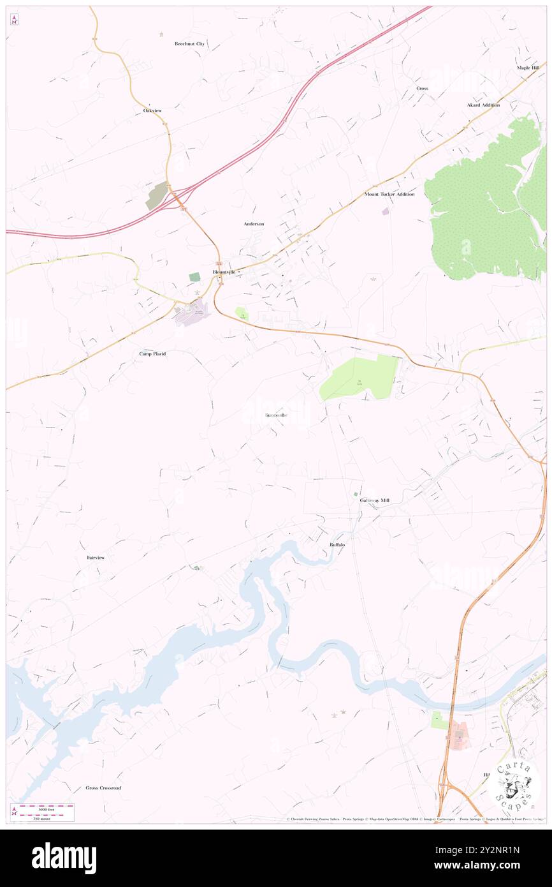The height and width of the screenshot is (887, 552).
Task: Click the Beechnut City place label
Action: click(189, 44)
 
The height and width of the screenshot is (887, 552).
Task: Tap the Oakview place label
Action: click(152, 110)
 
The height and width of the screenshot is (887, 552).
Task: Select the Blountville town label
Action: click(224, 272)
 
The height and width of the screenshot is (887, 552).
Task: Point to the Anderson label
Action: click(254, 224)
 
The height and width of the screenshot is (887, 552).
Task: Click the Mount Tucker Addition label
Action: click(389, 194)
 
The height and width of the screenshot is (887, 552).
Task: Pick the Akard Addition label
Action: click(483, 105)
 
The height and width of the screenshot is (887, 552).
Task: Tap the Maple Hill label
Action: click(528, 68)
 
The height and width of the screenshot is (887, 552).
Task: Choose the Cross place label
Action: click(422, 88)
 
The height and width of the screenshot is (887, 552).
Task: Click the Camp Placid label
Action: click(152, 353)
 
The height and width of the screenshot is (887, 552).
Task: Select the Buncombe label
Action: click(276, 415)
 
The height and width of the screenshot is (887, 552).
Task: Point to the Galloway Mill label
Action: click(374, 500)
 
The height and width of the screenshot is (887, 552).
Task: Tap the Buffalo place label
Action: click(337, 544)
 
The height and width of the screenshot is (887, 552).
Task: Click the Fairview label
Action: click(96, 558)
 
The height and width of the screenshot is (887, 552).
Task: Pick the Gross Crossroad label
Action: click(103, 788)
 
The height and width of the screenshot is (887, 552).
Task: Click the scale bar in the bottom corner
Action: click(42, 812)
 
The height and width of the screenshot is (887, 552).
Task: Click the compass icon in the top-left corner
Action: click(14, 20)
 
